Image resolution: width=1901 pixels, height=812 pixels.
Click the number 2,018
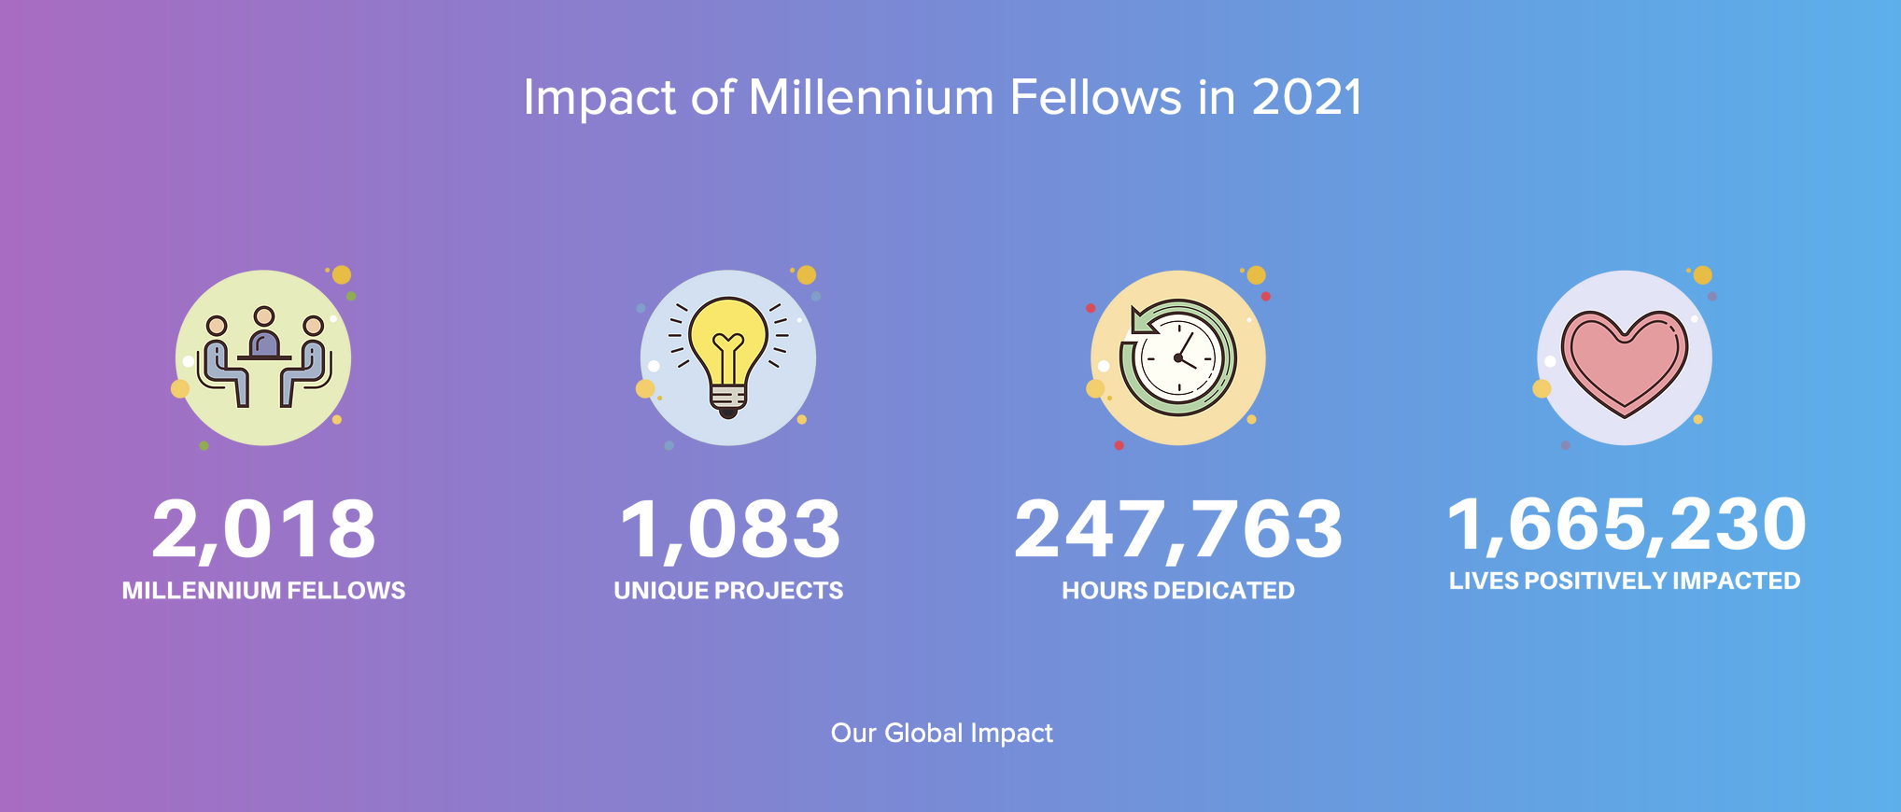pos(263,530)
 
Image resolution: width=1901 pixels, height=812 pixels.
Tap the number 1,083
pos(730,530)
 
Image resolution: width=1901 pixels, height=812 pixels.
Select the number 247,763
pos(1178,530)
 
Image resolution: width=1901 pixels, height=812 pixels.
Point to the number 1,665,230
pos(1626,525)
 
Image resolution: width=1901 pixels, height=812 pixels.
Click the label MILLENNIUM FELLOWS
pos(263,591)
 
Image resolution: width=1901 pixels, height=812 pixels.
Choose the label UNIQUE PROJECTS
pos(728,591)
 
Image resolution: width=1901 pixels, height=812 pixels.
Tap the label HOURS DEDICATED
pos(1178,591)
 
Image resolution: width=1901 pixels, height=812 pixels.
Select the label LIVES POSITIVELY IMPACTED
pos(1625,581)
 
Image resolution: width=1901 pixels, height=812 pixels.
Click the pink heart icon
pos(1625,362)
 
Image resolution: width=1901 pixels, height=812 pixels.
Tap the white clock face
pos(1179,358)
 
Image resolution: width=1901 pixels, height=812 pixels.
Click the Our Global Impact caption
pos(942,734)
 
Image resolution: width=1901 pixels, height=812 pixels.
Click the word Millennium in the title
pos(872,98)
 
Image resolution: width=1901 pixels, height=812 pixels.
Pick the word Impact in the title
pos(599,100)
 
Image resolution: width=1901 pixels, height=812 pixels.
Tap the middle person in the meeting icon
pos(265,333)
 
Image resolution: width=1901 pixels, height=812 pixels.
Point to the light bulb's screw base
pos(728,401)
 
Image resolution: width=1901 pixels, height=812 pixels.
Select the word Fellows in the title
pos(1096,98)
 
